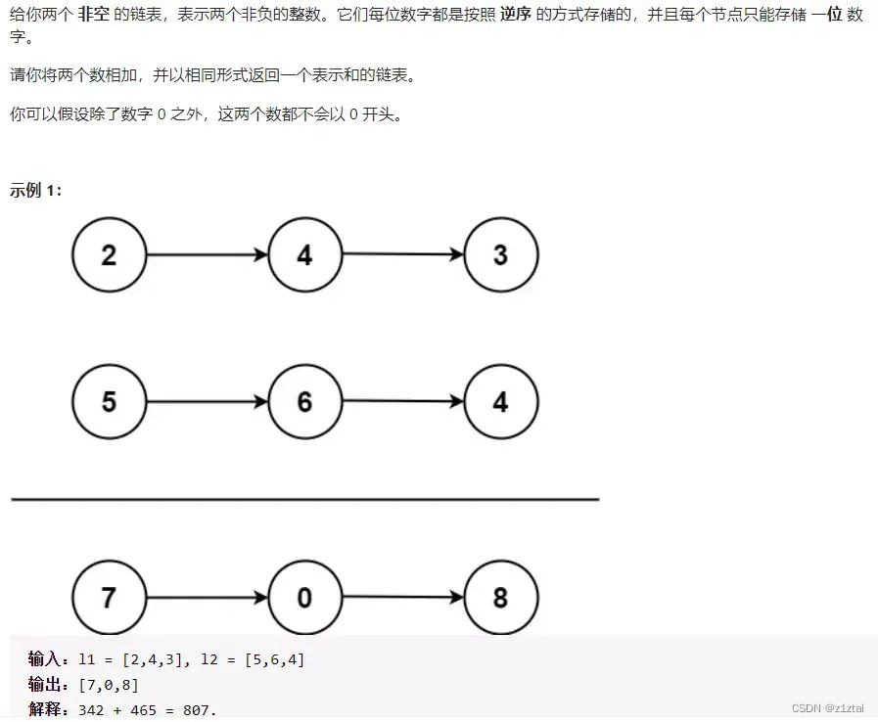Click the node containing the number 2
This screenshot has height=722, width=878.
point(109,254)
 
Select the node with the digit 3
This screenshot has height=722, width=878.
point(500,254)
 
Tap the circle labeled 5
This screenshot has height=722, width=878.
point(109,401)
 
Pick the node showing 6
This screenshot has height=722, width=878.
point(304,401)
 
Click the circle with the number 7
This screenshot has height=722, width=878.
point(109,597)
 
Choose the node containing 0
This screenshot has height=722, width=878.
point(304,597)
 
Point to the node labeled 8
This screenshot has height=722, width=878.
point(500,597)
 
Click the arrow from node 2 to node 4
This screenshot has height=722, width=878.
point(207,254)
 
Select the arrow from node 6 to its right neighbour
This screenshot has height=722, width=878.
point(402,401)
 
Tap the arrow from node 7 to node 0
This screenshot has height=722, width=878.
point(207,597)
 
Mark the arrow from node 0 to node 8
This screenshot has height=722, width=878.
point(402,597)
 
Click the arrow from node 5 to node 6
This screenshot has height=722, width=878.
point(207,401)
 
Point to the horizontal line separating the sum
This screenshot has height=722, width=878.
point(304,499)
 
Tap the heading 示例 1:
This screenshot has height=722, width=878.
point(35,190)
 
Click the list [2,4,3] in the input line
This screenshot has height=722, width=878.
point(151,660)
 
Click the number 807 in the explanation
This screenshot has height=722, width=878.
point(199,709)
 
